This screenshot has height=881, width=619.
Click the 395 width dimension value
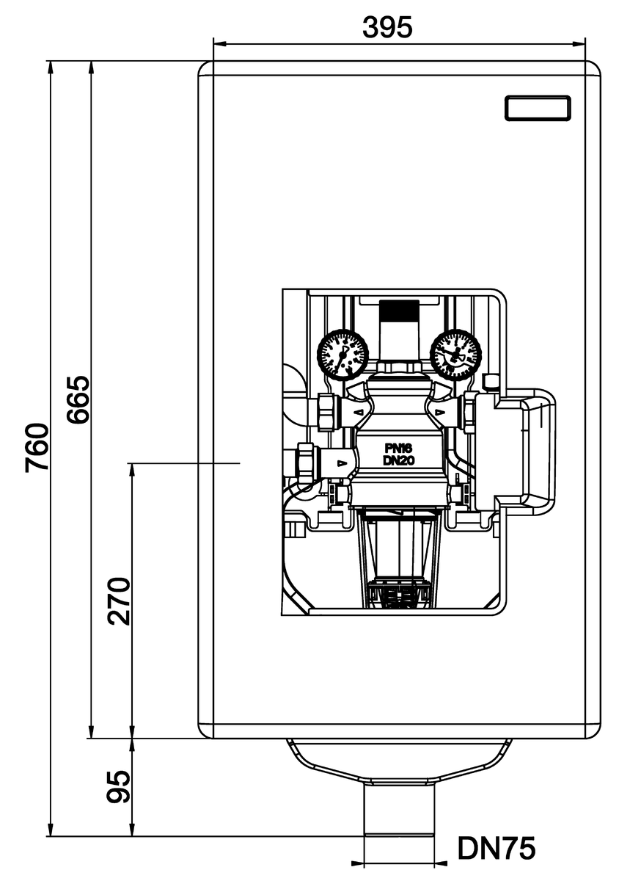tap(388, 27)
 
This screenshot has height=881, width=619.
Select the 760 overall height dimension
tap(37, 448)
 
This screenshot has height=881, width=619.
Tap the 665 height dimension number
tap(77, 400)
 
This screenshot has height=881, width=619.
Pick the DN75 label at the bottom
tap(496, 849)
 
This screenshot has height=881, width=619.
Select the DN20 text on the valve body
tap(400, 460)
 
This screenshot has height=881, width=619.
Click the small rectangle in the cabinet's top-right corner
tap(538, 108)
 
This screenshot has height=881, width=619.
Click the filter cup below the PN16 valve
tap(400, 558)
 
